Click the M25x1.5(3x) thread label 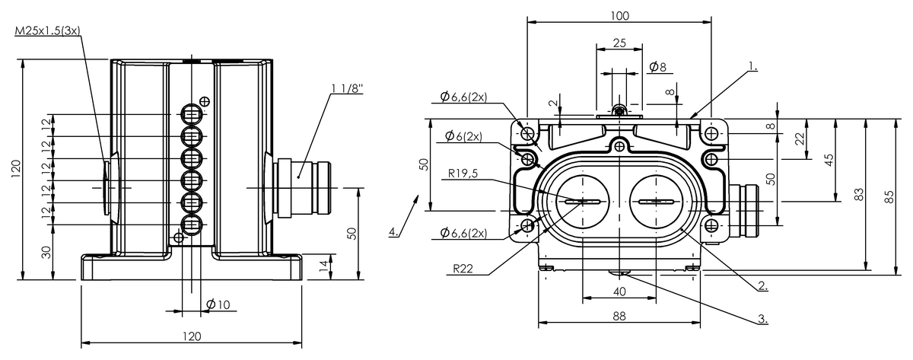47,31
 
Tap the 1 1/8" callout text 347,88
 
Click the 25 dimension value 619,44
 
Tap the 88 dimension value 619,316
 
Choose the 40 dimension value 619,292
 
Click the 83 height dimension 860,195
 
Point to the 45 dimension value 830,159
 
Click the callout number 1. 752,67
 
